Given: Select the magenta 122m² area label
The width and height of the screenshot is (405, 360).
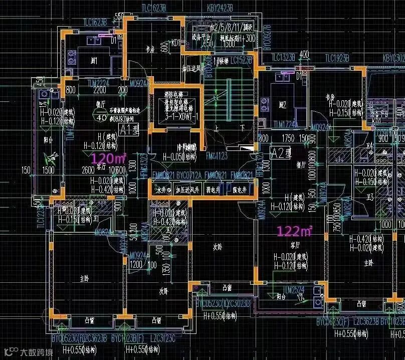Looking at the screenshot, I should tap(295, 231).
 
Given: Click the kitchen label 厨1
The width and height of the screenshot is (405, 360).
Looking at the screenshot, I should tap(94, 60).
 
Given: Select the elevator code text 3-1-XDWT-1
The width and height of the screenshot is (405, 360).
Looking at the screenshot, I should tap(177, 116).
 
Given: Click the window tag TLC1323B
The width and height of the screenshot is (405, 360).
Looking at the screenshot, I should tap(311, 58).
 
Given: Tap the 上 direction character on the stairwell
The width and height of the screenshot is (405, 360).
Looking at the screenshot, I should tap(217, 128).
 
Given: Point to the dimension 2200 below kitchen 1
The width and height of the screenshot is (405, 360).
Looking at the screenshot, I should tap(100, 90).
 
